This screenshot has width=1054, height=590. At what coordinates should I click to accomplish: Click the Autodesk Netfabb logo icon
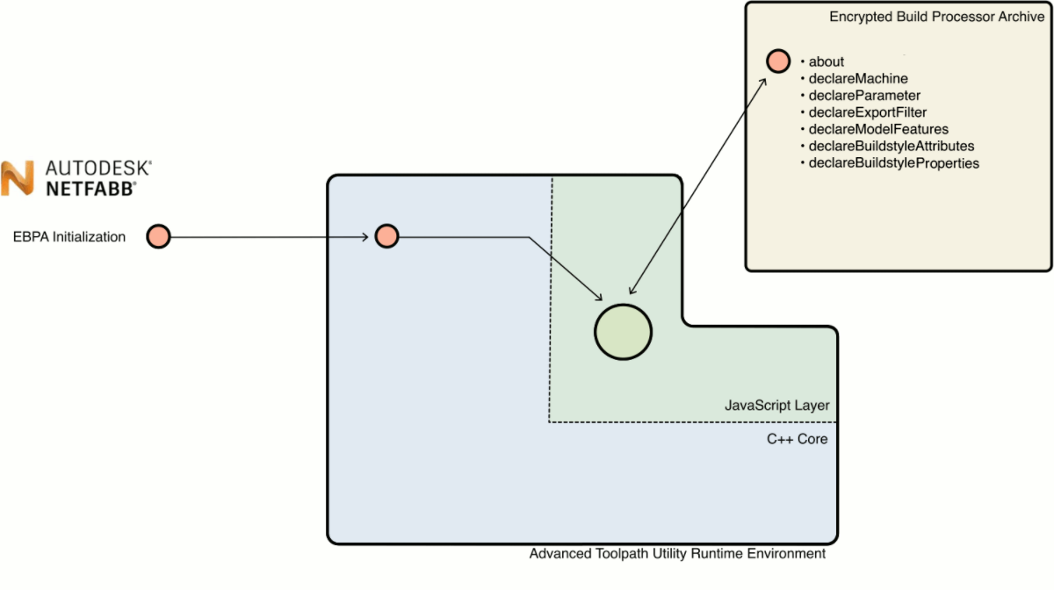click(17, 178)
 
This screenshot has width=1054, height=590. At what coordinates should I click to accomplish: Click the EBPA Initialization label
click(69, 237)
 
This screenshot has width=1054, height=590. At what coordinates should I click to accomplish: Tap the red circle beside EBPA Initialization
click(158, 236)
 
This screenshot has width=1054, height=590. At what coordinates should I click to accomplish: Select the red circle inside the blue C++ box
click(386, 236)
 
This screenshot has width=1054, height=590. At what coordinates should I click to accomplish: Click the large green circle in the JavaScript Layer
click(623, 332)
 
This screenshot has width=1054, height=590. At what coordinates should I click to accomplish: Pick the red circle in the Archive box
click(777, 61)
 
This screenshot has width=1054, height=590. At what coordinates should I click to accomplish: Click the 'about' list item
click(826, 61)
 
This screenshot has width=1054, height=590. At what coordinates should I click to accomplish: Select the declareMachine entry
click(857, 79)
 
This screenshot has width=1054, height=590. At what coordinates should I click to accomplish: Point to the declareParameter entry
click(864, 96)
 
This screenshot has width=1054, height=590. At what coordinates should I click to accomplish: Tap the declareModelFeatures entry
click(877, 129)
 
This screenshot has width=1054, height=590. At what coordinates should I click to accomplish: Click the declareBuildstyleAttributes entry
click(891, 146)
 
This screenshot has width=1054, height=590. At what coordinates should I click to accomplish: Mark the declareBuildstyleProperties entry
click(893, 163)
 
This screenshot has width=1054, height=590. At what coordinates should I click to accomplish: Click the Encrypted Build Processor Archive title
click(936, 18)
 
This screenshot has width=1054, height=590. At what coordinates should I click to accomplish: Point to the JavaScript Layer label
click(776, 405)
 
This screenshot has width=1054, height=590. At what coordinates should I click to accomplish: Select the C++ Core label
click(797, 438)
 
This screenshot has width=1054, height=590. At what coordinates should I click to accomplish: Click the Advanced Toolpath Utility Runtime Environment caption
click(677, 554)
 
